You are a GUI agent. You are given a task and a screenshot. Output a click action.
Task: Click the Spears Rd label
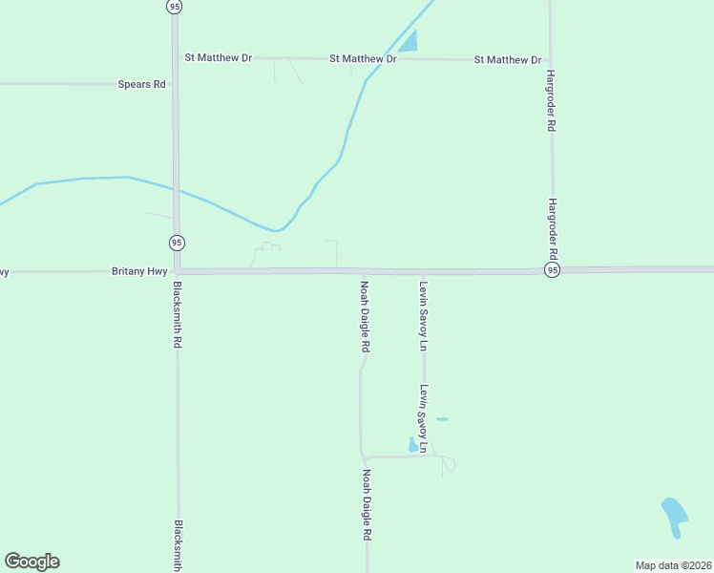click(141, 84)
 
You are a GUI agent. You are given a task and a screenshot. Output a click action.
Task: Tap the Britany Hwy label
click(139, 271)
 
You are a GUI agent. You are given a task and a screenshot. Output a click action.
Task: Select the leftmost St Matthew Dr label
click(219, 58)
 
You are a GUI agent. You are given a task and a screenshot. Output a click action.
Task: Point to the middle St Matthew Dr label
click(363, 59)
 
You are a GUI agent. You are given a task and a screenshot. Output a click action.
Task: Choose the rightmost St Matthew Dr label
click(508, 60)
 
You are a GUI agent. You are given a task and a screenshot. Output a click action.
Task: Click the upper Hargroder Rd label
click(551, 99)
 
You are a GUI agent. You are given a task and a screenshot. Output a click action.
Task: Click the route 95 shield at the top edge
click(173, 6)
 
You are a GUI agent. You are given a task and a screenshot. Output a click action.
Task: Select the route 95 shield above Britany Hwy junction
click(177, 242)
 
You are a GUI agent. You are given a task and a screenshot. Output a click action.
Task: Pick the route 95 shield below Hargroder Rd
click(552, 271)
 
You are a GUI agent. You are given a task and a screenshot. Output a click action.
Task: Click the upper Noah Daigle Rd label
click(365, 316)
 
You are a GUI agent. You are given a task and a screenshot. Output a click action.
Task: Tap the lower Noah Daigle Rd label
click(366, 505)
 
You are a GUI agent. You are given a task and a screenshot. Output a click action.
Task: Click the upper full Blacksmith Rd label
click(178, 313)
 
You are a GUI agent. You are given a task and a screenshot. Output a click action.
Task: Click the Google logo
click(32, 562)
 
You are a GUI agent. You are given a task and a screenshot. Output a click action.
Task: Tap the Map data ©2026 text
click(673, 565)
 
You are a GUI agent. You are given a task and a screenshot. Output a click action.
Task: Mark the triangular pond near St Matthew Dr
click(409, 42)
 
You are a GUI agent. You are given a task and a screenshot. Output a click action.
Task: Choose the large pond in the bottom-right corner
click(674, 516)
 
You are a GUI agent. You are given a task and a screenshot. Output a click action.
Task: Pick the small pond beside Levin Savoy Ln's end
click(412, 445)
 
